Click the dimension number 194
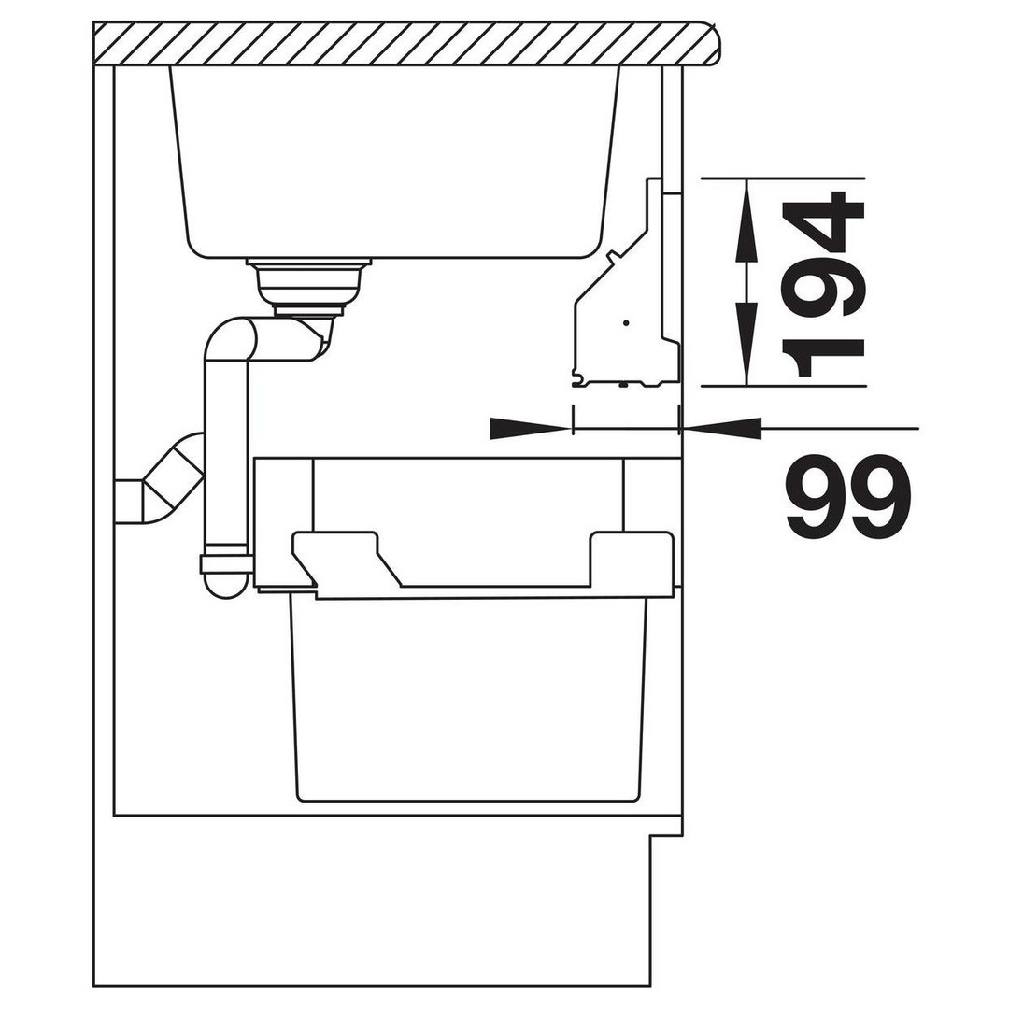[820, 283]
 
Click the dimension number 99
[847, 495]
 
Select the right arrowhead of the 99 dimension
[720, 428]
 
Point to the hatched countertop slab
[405, 44]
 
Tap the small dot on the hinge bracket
[625, 320]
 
